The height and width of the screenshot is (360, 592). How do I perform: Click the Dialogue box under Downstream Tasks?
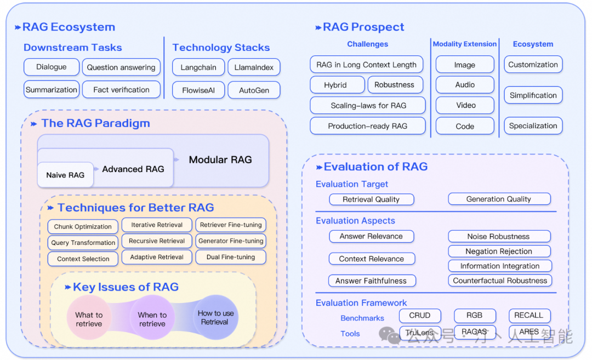[x=52, y=67]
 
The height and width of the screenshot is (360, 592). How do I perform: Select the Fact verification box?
[x=121, y=89]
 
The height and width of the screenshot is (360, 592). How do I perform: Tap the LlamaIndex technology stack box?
[x=254, y=67]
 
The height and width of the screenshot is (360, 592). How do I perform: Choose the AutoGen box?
[x=254, y=90]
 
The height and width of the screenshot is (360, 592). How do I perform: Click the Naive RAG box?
[x=65, y=175]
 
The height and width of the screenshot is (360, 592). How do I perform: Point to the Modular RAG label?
[x=220, y=160]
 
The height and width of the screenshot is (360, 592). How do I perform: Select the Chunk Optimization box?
[x=83, y=226]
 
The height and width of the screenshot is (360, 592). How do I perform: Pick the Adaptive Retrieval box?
[x=157, y=257]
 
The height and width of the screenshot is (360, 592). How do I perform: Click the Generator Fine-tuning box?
[x=231, y=241]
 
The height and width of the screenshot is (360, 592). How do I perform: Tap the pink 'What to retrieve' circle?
[x=89, y=319]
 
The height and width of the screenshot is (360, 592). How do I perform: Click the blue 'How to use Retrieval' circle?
[x=215, y=317]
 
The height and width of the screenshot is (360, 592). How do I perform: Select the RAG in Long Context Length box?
[x=366, y=65]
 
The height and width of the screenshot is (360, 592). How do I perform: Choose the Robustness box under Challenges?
[x=395, y=85]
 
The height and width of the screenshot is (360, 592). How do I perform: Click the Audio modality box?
[x=465, y=85]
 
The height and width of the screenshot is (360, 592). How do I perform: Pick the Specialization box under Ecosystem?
[x=533, y=125]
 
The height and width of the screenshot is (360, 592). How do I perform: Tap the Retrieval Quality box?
[x=371, y=199]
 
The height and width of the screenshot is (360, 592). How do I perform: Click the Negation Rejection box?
[x=499, y=252]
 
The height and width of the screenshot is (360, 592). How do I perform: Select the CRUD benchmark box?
[x=419, y=316]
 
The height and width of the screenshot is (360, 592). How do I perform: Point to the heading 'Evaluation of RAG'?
[x=375, y=167]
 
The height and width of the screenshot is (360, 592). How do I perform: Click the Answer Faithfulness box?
[x=371, y=281]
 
